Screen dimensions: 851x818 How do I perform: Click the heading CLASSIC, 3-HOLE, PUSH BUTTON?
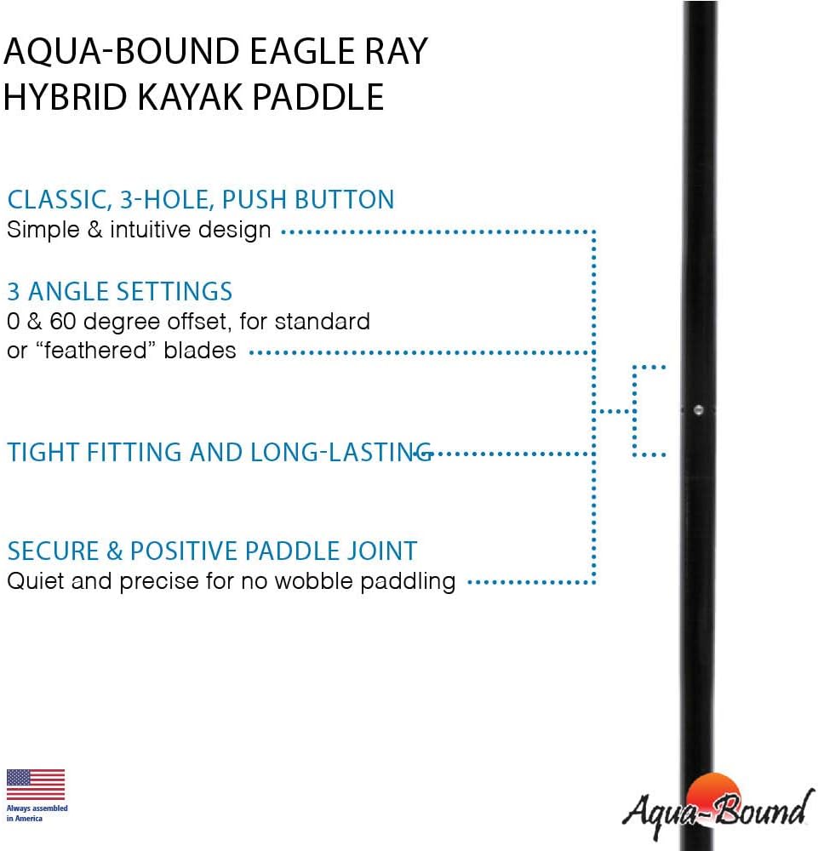(201, 200)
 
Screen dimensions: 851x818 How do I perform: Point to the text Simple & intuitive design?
(139, 230)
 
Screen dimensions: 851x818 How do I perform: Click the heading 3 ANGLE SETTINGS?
(119, 292)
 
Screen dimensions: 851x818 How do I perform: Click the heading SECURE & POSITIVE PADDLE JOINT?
(212, 551)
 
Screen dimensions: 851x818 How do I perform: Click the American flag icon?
(36, 785)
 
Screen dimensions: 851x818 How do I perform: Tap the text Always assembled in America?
(37, 813)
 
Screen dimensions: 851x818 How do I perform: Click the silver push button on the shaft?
(698, 410)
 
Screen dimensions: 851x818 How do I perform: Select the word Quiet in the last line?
(33, 582)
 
